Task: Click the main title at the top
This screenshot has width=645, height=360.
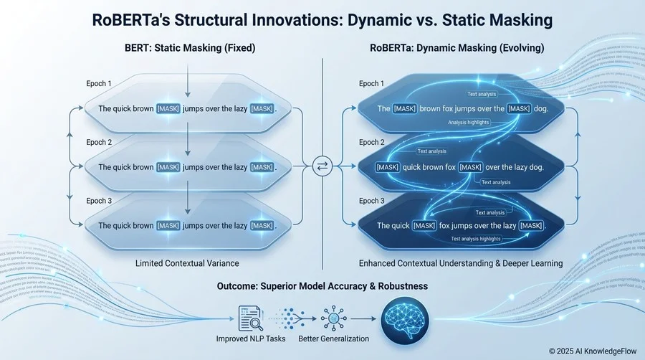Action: tap(322, 20)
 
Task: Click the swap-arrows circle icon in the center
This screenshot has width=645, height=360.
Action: tap(322, 167)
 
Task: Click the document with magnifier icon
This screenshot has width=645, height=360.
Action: tap(248, 316)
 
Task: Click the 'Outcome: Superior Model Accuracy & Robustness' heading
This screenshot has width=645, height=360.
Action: tap(322, 286)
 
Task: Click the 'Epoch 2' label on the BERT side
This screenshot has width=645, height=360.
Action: tap(99, 142)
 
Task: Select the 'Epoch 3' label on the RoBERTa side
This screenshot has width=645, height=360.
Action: tap(372, 201)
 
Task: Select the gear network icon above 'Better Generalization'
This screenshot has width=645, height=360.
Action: tap(333, 316)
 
